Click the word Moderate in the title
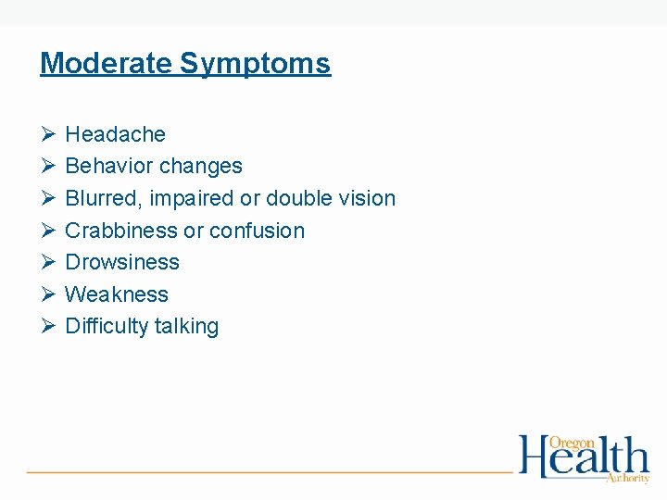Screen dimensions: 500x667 point(107,63)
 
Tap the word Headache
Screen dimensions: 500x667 point(115,134)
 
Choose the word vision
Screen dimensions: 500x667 point(366,198)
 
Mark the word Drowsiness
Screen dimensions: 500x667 point(122,262)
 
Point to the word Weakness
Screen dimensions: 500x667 point(117,294)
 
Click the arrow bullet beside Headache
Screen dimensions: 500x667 point(48,135)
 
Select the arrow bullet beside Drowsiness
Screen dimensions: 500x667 point(48,263)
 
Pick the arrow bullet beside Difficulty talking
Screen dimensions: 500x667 point(48,327)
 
